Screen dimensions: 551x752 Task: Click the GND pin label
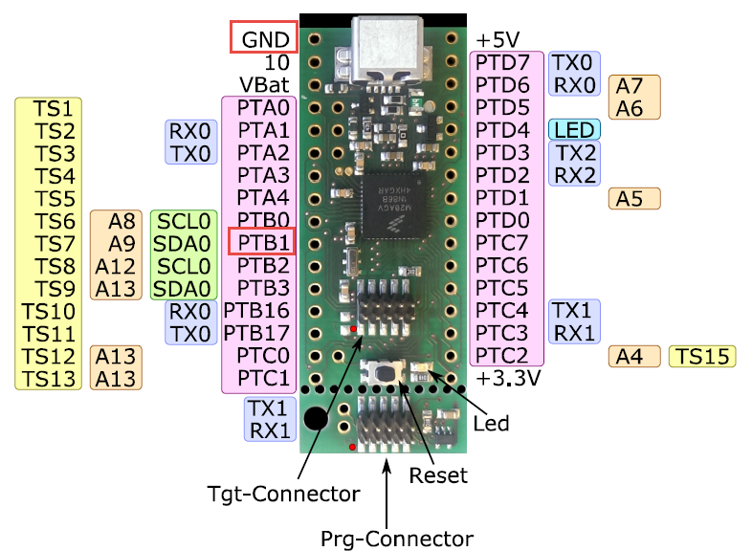pyautogui.click(x=264, y=39)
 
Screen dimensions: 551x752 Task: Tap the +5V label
pyautogui.click(x=498, y=40)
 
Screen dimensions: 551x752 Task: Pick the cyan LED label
pyautogui.click(x=574, y=129)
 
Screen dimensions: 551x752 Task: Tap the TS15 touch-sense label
pyautogui.click(x=702, y=357)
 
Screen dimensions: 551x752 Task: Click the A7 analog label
pyautogui.click(x=630, y=86)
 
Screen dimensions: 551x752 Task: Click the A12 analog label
pyautogui.click(x=116, y=265)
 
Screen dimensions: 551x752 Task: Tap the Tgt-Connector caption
pyautogui.click(x=284, y=494)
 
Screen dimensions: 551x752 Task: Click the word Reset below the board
pyautogui.click(x=438, y=474)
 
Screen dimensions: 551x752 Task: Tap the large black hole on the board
pyautogui.click(x=316, y=418)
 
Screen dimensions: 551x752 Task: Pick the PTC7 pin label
pyautogui.click(x=502, y=242)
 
